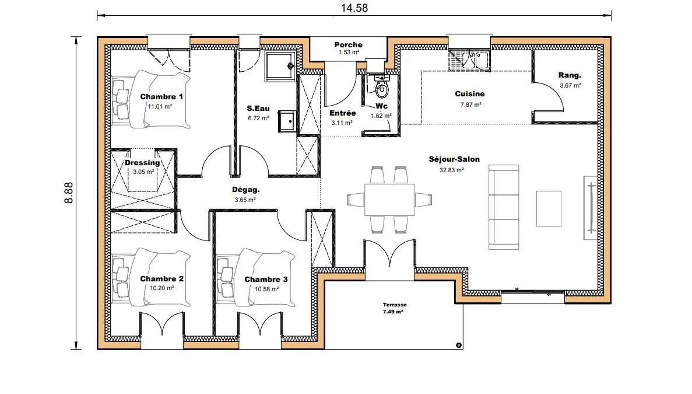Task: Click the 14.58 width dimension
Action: point(354,8)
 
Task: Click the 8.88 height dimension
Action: point(69,193)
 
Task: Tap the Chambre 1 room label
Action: point(161,97)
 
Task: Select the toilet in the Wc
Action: point(382,87)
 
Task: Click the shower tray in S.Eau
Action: point(280,67)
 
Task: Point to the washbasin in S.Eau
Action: point(287,121)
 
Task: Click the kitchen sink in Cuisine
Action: point(469,61)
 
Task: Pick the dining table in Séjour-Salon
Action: point(389,200)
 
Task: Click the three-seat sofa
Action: point(504,207)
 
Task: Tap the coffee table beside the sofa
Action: point(549,208)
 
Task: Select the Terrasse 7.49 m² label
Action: point(394,308)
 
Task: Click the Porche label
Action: point(348,44)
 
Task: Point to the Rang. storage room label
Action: point(570,75)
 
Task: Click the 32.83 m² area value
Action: point(451,170)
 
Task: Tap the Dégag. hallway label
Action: point(246,190)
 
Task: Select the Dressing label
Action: point(142,162)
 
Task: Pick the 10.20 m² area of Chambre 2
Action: point(161,288)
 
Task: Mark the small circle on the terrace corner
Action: point(459,345)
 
